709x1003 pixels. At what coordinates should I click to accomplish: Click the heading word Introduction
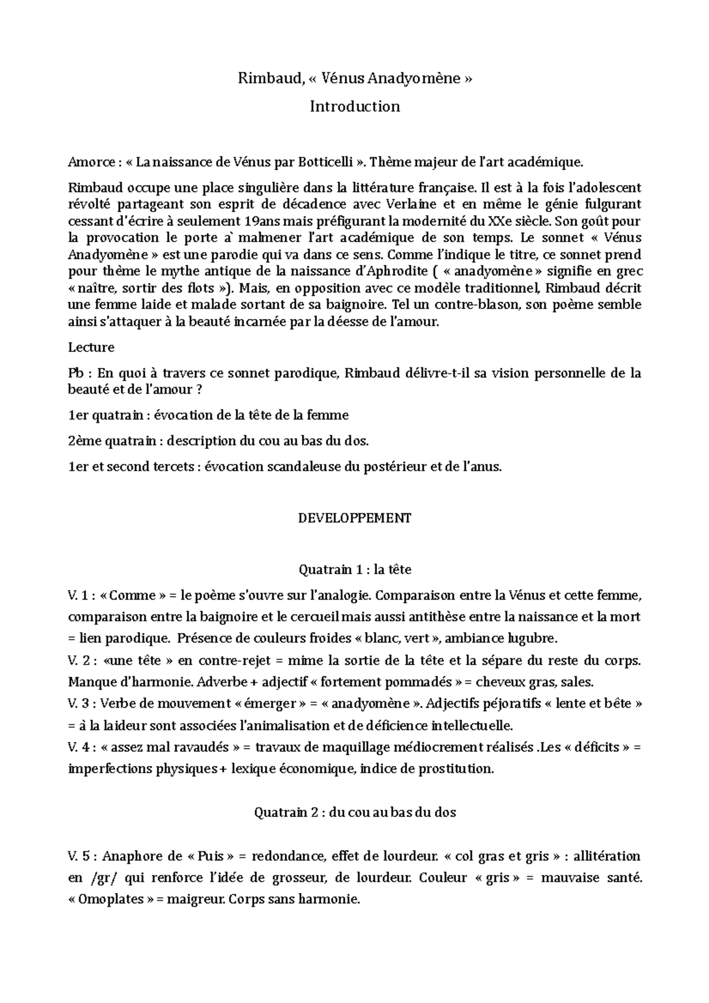(x=354, y=107)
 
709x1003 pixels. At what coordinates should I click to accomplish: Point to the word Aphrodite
(x=385, y=272)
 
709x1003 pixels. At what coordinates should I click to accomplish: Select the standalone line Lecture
(x=91, y=347)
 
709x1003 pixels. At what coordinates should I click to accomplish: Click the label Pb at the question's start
(x=77, y=373)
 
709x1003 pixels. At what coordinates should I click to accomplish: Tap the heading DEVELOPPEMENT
(x=354, y=518)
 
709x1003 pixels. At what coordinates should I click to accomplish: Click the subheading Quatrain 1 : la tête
(x=354, y=570)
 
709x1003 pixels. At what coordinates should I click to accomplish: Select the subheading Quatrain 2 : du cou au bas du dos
(x=354, y=812)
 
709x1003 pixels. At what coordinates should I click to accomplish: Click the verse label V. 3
(x=80, y=704)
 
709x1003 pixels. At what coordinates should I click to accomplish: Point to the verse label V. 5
(x=80, y=856)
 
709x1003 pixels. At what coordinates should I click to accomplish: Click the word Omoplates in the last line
(x=114, y=900)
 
